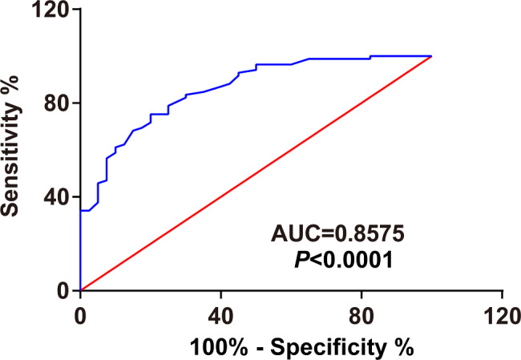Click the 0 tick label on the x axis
tap(80, 313)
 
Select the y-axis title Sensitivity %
tap(14, 150)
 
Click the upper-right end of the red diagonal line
tap(431, 57)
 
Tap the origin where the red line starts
tap(80, 290)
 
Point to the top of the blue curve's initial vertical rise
tap(80, 211)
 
